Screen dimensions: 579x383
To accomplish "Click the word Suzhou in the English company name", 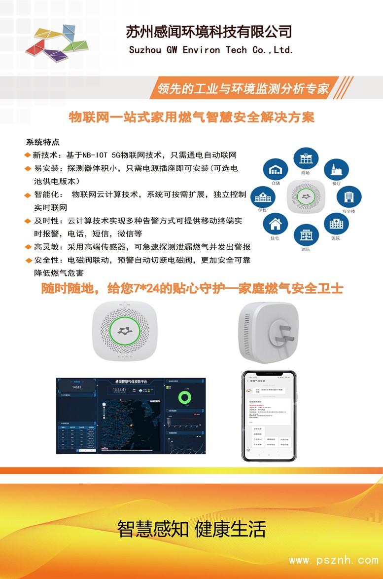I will coord(145,50).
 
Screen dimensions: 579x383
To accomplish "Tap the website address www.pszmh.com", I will coord(333,560).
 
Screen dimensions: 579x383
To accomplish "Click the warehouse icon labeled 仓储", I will coord(275,171).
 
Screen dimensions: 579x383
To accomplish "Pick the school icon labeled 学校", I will coord(263,198).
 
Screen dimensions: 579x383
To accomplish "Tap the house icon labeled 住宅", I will coord(275,225).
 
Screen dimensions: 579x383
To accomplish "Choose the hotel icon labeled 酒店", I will coord(306,235).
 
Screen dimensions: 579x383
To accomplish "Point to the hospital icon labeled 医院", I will coord(336,224).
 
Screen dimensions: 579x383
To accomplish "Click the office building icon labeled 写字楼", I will coord(348,196).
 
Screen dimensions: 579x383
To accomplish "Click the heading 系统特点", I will coord(43,142).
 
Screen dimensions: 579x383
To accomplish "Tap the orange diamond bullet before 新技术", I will coord(28,155).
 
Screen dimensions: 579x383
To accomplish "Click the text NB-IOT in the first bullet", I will coord(97,155).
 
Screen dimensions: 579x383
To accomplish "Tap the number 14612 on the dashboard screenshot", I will coord(76,387).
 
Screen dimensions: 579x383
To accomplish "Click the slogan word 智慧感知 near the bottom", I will coord(153,529).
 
